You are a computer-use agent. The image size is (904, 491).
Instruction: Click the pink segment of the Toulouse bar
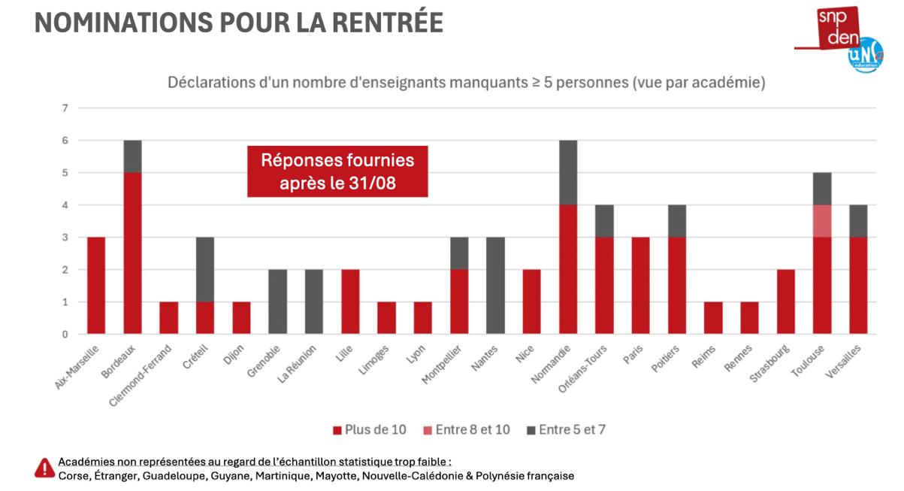tap(822, 221)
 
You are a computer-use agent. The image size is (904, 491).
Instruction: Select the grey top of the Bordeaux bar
tap(132, 156)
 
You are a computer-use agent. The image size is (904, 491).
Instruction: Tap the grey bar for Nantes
tap(496, 286)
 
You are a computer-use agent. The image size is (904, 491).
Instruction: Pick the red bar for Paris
tap(641, 286)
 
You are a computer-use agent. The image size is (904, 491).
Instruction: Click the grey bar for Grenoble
tap(277, 302)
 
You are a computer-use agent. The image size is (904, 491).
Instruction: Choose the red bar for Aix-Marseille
tap(96, 286)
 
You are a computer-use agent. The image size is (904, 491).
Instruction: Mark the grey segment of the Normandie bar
tap(568, 173)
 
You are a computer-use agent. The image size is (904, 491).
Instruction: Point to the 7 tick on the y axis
tap(65, 108)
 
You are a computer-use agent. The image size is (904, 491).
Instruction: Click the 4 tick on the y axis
tap(65, 205)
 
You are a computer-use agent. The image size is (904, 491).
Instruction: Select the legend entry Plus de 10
tap(370, 430)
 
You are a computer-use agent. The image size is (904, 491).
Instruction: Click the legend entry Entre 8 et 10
tap(467, 430)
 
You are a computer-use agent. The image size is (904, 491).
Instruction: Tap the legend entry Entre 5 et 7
tap(566, 430)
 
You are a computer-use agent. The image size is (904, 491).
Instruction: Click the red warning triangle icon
tap(45, 468)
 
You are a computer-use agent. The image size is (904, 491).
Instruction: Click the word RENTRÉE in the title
tap(388, 23)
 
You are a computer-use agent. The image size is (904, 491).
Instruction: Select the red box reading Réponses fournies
tap(338, 171)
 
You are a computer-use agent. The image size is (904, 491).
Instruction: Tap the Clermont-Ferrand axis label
tap(141, 375)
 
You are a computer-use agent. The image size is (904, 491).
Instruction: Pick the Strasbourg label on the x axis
tap(769, 363)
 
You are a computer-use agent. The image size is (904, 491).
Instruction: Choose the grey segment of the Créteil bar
tap(205, 270)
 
